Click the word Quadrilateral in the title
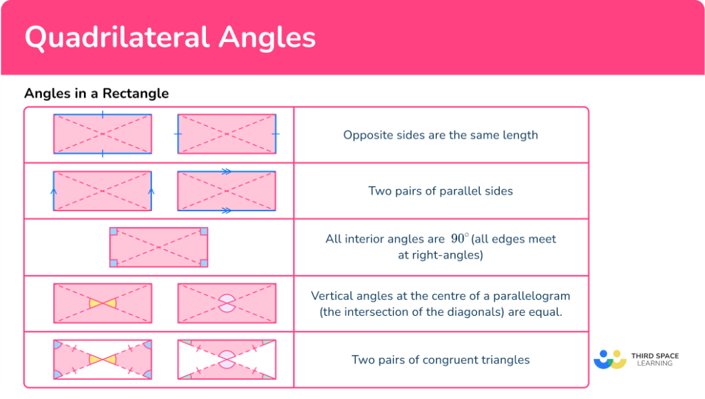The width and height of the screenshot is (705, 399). pos(118,38)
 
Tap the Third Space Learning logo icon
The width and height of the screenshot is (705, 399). pos(610,360)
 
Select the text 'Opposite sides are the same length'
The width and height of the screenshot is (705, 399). pos(441,135)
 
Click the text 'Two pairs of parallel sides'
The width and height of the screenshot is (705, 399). pos(441,191)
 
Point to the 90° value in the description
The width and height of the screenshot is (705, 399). pos(459,239)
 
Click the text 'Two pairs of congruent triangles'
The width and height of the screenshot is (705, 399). pos(441,360)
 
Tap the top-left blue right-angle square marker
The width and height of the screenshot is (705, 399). pos(114,233)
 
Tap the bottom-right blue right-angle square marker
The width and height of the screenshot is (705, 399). pos(203,262)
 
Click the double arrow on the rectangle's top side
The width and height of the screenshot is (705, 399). pos(226,172)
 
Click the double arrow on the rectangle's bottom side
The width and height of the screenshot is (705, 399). pos(226,210)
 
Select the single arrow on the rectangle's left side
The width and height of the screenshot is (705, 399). pos(54,191)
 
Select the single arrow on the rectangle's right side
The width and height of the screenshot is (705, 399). pos(151,191)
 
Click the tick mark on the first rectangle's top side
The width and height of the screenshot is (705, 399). pos(103,115)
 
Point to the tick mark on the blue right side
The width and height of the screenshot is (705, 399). pos(275,133)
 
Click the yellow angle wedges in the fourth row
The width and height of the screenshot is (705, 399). pos(103,303)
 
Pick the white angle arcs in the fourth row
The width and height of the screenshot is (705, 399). pos(227,303)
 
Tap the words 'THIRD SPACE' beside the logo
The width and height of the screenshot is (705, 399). pos(655,356)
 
